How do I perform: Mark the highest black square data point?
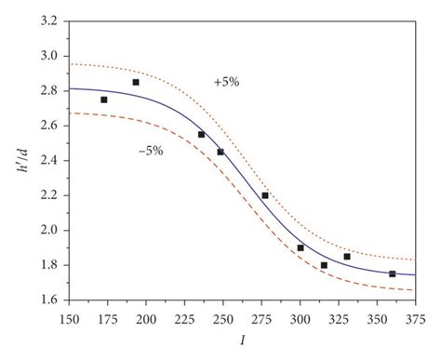pos(136,82)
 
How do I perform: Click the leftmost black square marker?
pos(104,100)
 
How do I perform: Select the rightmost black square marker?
pos(393,273)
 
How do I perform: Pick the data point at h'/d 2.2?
pos(265,195)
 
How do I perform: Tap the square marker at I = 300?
pos(301,247)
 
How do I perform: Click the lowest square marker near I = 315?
pos(324,265)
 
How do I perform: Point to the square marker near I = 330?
pos(347,256)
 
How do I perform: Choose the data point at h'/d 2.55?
pos(201,134)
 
